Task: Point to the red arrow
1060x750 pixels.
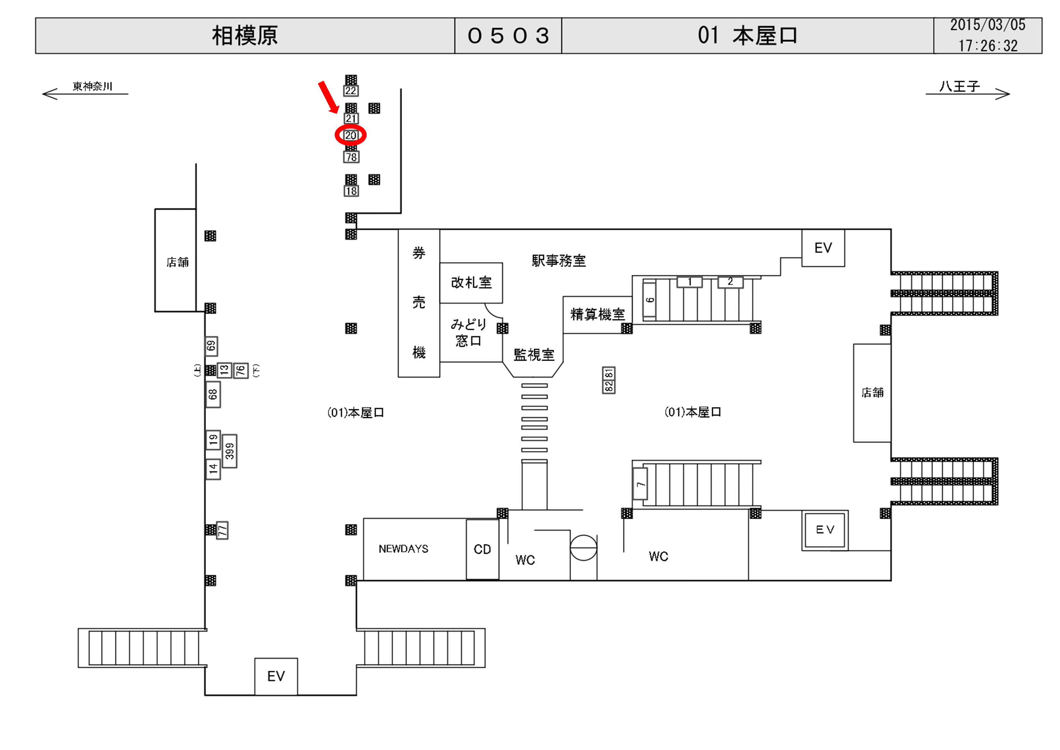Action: coord(329,97)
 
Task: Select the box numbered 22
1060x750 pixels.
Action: coord(351,90)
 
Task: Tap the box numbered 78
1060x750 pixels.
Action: coord(351,157)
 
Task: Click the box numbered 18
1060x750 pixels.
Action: coord(351,191)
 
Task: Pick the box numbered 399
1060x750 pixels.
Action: coord(229,451)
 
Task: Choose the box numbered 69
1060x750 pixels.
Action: coord(212,346)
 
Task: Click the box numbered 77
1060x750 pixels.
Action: coord(222,530)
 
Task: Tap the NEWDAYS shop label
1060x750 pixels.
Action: coord(403,549)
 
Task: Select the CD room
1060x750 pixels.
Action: coord(482,549)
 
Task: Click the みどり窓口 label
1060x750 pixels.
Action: coord(468,333)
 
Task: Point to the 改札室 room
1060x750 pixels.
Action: coord(471,283)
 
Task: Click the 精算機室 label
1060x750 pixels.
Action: coord(597,314)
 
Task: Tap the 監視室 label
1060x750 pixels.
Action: coord(534,355)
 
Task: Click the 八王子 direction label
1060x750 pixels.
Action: coord(959,87)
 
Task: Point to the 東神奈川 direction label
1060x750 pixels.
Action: coord(92,87)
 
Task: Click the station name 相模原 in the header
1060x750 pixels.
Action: coord(245,36)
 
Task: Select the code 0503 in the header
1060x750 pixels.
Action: coord(508,36)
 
